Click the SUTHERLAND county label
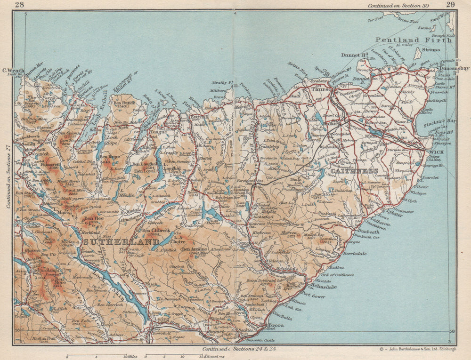tap(122, 242)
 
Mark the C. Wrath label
tap(13, 71)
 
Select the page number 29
tap(450, 5)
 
